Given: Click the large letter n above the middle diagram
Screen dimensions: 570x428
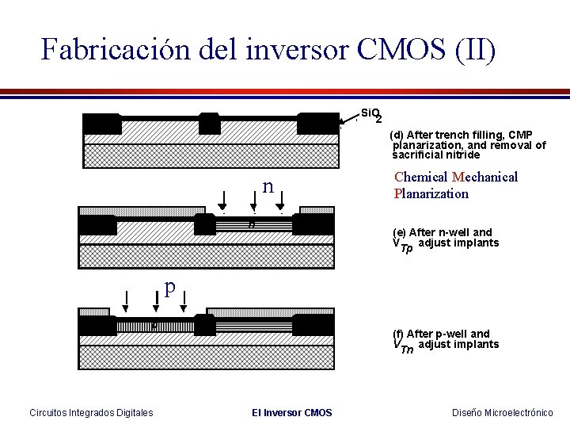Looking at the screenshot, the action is click(268, 187).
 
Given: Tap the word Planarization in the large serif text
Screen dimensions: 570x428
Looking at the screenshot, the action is click(431, 193).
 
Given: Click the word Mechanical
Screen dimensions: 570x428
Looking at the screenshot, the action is click(484, 177).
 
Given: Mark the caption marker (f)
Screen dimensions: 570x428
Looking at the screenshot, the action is click(398, 334).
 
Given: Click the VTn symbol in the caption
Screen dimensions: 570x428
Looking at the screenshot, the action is click(403, 346).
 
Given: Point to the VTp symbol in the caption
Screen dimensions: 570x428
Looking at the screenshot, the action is click(403, 245).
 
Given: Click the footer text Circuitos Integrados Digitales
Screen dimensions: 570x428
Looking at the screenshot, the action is click(91, 412).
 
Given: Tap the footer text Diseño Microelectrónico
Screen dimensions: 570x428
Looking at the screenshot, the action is click(502, 412).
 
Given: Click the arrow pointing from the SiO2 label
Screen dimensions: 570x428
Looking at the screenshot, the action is click(348, 121).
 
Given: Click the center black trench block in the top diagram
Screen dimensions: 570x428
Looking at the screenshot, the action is click(209, 124).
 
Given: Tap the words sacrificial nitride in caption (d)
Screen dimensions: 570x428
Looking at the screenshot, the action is click(435, 155).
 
